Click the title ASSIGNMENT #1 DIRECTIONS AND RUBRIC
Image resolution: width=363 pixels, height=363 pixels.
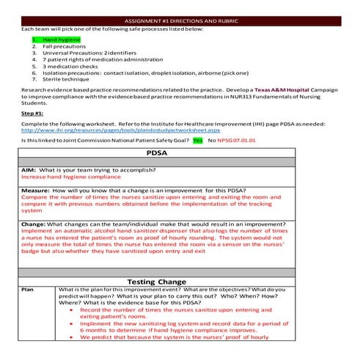[x=181, y=21]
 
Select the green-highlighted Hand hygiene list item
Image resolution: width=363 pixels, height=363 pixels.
[x=61, y=39]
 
